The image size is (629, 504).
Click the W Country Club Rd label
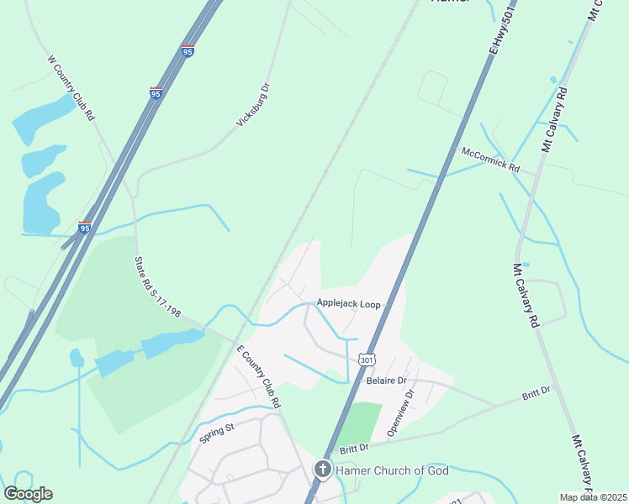71,88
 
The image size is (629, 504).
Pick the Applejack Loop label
348,303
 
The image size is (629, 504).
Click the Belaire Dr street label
387,381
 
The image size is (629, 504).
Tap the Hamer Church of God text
393,470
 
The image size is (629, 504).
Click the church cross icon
322,470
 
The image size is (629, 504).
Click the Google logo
28,494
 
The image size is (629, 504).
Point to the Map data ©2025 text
592,497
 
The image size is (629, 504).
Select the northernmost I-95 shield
188,51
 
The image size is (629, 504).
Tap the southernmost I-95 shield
84,227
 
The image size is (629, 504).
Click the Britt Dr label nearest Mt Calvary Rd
535,391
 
